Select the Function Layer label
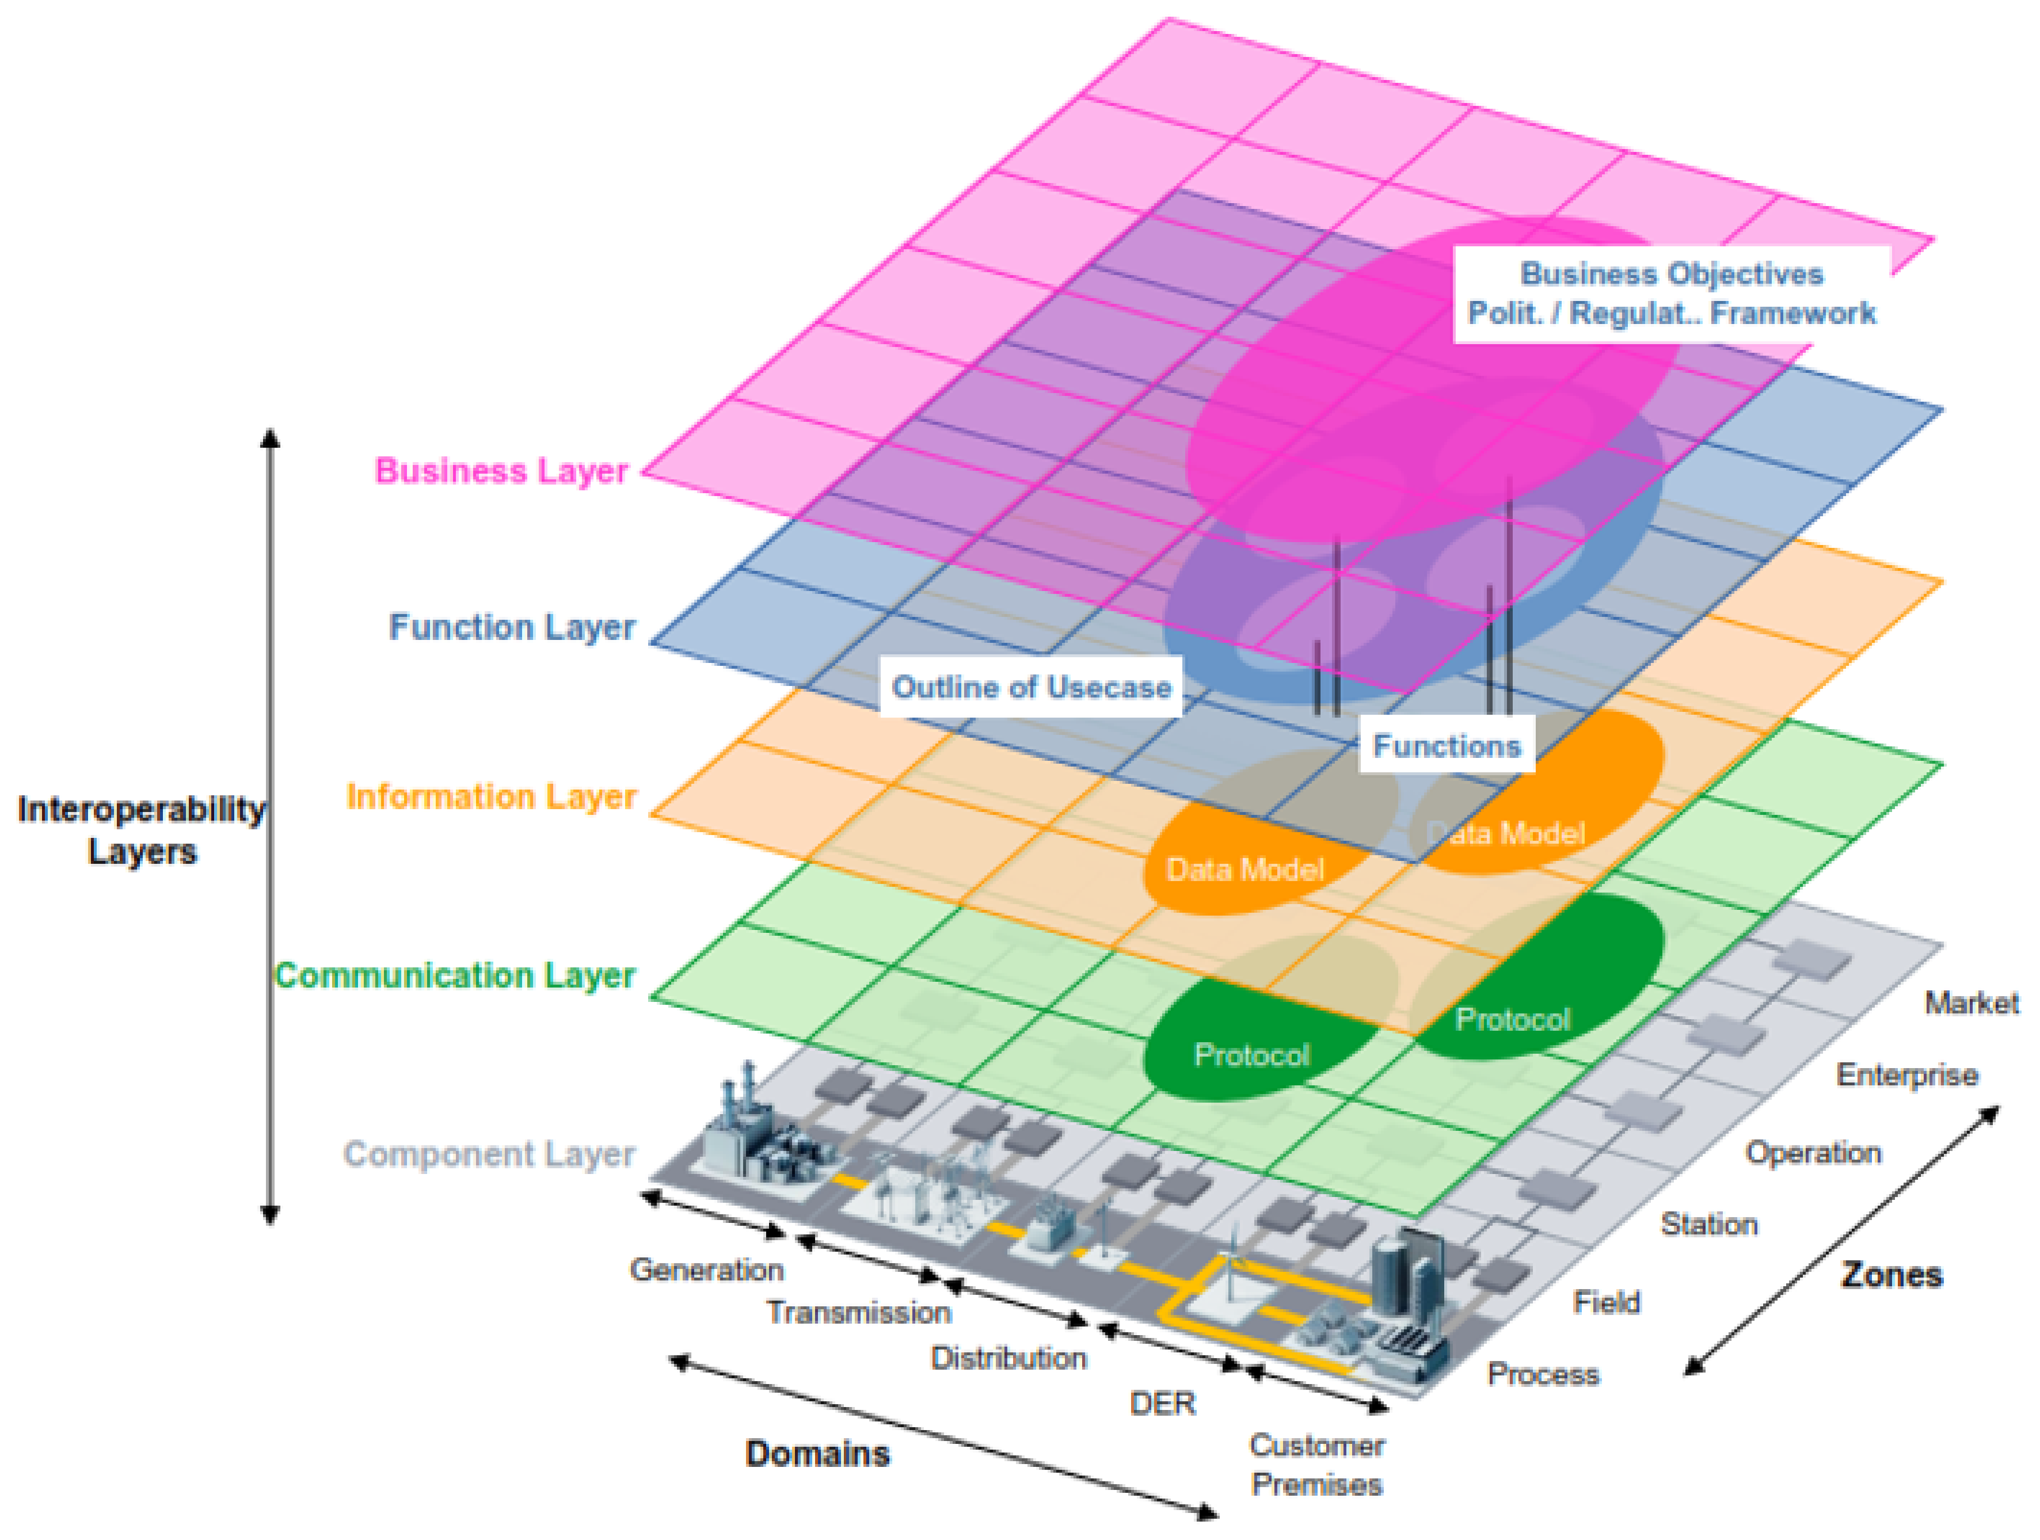(x=512, y=627)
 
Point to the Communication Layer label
(x=455, y=975)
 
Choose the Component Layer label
(x=489, y=1154)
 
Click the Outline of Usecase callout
(x=1030, y=687)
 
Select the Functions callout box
(x=1446, y=745)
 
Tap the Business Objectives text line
(x=1671, y=274)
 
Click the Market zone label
(x=1971, y=1003)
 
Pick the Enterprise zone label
(x=1906, y=1075)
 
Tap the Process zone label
(x=1543, y=1375)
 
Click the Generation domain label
(x=706, y=1270)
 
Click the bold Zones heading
(x=1891, y=1275)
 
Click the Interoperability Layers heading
(x=141, y=830)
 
